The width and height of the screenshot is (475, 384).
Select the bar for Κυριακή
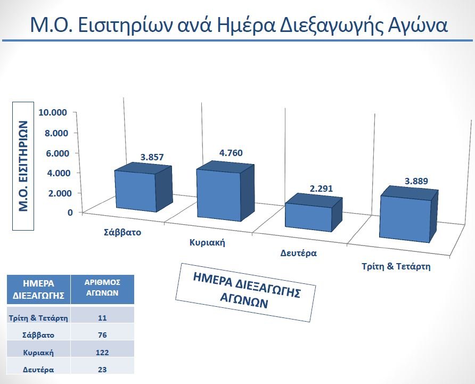[x=225, y=191]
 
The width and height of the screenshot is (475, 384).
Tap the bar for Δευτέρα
[x=314, y=213]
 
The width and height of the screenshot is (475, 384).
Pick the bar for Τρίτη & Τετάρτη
[x=408, y=214]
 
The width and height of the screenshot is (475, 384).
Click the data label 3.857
[x=152, y=157]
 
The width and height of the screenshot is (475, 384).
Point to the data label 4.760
[x=231, y=153]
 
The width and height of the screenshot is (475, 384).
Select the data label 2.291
[x=321, y=189]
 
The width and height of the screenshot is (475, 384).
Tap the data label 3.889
[x=416, y=181]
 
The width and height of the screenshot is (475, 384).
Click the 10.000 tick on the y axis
[x=53, y=112]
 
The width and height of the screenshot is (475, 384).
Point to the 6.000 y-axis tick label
[x=57, y=153]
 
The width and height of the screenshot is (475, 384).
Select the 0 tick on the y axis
[x=70, y=213]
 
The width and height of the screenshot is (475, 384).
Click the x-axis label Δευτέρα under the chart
[x=298, y=253]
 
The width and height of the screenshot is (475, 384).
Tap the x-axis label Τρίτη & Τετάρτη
[x=396, y=266]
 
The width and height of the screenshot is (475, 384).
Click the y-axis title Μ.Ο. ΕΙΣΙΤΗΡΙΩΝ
[x=23, y=166]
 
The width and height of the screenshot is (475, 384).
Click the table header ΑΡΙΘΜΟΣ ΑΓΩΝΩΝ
[x=102, y=288]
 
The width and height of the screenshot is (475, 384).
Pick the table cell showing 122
[x=102, y=353]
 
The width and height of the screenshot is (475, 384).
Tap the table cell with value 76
[x=102, y=335]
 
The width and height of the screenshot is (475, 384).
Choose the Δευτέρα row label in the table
[x=38, y=370]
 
